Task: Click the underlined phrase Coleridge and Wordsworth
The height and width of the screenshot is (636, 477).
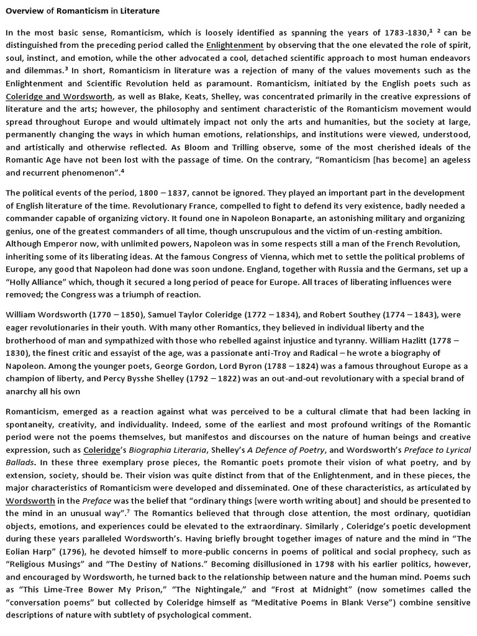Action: pyautogui.click(x=59, y=96)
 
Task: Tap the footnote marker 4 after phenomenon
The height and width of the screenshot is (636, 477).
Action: pyautogui.click(x=122, y=171)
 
